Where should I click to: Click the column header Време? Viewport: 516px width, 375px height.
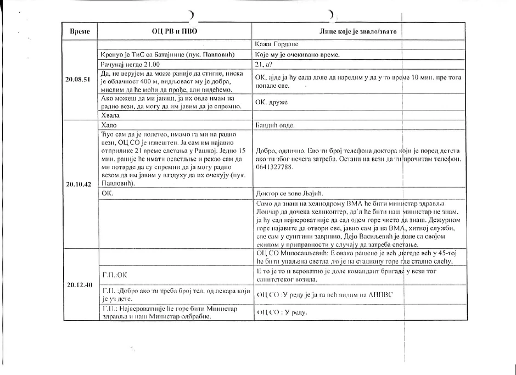point(80,31)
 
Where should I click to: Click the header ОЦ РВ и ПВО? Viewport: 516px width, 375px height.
point(175,31)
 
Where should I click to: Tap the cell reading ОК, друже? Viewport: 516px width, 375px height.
point(272,102)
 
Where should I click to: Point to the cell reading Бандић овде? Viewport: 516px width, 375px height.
point(276,125)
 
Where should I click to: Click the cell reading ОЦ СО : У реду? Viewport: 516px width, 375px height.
point(281,312)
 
